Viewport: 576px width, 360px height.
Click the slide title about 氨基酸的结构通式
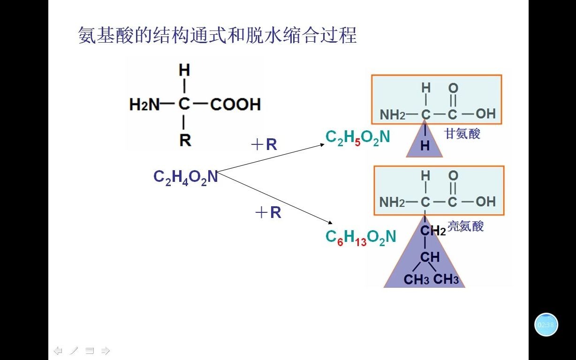(217, 35)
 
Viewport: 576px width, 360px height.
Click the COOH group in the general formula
(235, 104)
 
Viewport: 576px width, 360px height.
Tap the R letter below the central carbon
(185, 140)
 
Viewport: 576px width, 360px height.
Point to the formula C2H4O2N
(186, 177)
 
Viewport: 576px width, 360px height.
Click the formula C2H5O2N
(357, 137)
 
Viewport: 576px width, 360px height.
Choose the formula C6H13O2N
(360, 237)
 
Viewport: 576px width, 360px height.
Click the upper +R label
(265, 145)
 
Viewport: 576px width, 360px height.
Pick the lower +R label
(268, 213)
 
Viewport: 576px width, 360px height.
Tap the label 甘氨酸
(462, 134)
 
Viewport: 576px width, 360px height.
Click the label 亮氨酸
(465, 226)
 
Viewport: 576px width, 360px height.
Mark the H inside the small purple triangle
(425, 146)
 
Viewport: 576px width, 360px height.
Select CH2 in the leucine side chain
(432, 230)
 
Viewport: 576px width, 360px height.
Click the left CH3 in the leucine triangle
(417, 280)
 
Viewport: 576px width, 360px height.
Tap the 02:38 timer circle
(546, 324)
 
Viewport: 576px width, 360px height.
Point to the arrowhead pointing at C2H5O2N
(322, 144)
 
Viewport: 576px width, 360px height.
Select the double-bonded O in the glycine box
(453, 88)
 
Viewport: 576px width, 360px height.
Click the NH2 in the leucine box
(392, 202)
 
